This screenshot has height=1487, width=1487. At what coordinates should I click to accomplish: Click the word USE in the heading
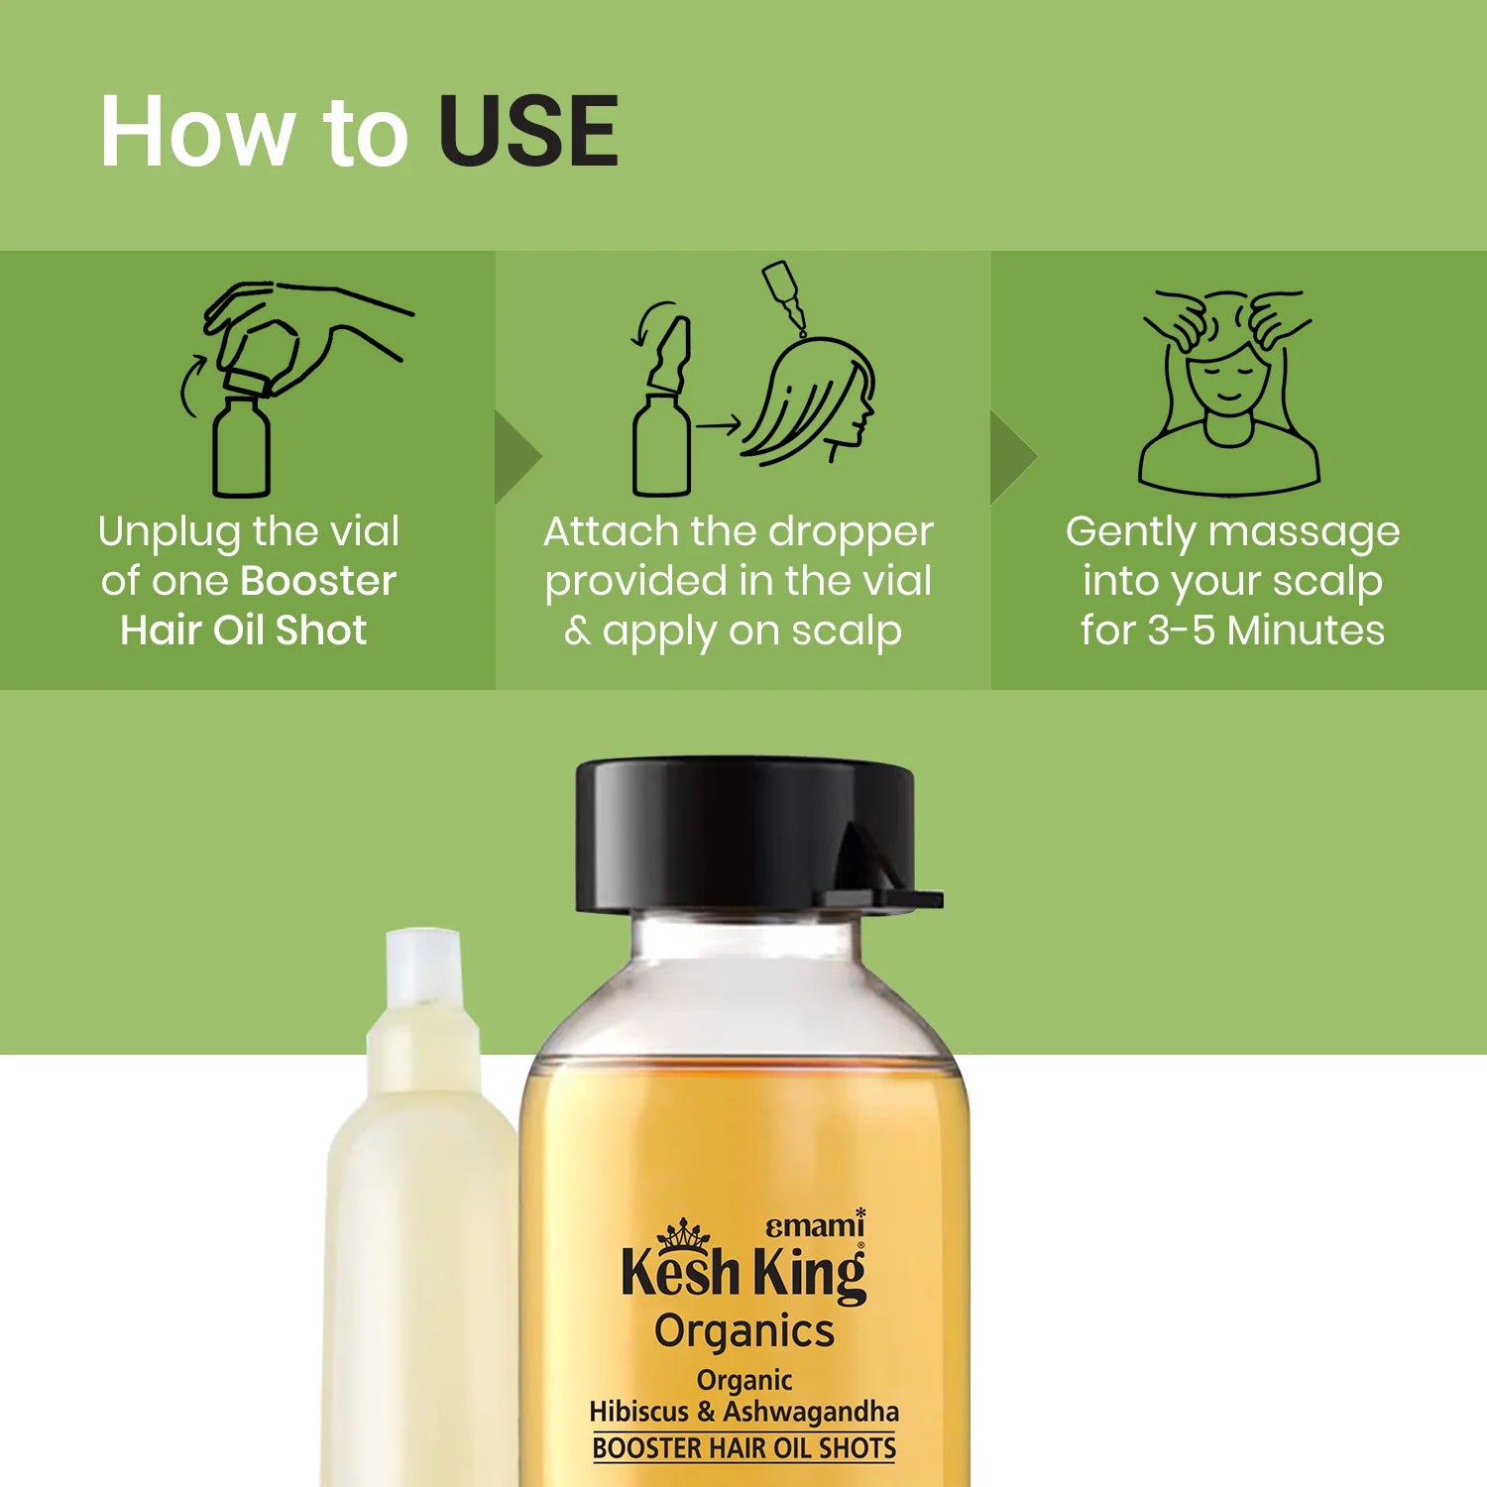528,131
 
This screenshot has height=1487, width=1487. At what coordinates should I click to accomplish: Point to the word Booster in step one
318,581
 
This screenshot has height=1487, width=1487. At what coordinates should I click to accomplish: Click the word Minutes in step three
1307,630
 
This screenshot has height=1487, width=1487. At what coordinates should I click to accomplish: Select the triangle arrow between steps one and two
515,456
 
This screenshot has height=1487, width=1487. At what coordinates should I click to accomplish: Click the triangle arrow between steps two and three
1011,456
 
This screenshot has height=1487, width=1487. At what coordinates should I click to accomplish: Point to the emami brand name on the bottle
815,1225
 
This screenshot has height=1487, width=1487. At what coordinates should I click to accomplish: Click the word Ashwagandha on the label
811,1412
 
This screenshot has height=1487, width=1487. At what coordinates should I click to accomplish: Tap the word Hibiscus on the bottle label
638,1411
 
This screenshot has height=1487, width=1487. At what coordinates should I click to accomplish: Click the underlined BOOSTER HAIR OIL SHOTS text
744,1448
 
